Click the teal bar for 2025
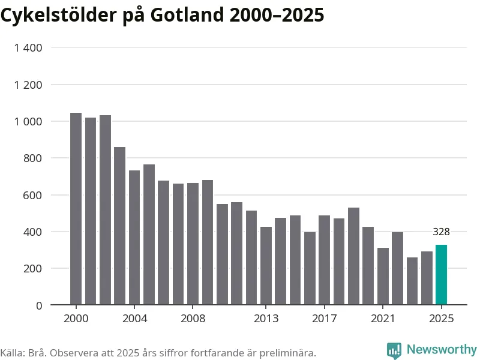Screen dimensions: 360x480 pyautogui.click(x=441, y=275)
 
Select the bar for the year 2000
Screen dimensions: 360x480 pyautogui.click(x=76, y=209)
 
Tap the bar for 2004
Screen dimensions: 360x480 pyautogui.click(x=134, y=238)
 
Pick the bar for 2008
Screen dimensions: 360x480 pyautogui.click(x=193, y=244)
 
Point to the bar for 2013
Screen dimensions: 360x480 pyautogui.click(x=266, y=266)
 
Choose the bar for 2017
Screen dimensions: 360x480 pyautogui.click(x=324, y=260)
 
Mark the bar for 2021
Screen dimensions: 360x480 pyautogui.click(x=383, y=277)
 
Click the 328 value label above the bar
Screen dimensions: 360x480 pyautogui.click(x=441, y=232)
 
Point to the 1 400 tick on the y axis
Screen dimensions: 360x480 pyautogui.click(x=28, y=48)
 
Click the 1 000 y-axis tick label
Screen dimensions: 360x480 pyautogui.click(x=28, y=122)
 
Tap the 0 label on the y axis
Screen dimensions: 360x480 pyautogui.click(x=39, y=305)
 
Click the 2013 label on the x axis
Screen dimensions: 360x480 pyautogui.click(x=266, y=318)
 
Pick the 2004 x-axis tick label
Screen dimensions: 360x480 pyautogui.click(x=134, y=318)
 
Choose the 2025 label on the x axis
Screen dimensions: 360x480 pyautogui.click(x=441, y=318)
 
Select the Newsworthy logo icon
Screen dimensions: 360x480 pyautogui.click(x=394, y=350)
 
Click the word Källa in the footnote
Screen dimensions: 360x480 pyautogui.click(x=11, y=353)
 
